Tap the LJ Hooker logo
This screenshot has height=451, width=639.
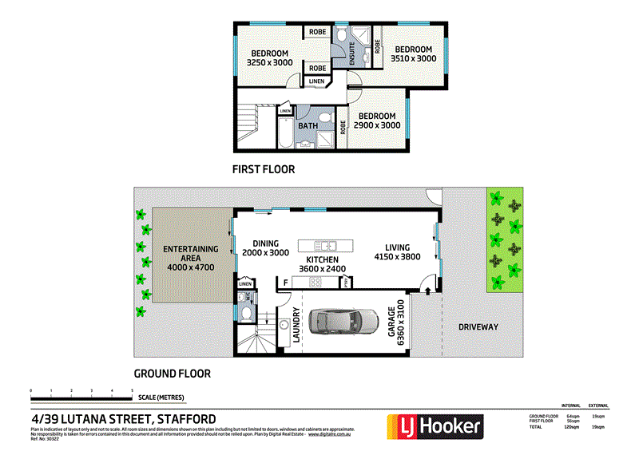click(435, 426)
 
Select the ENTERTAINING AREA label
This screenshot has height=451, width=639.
click(191, 250)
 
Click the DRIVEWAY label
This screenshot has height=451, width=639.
click(478, 326)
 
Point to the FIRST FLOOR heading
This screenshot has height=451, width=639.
click(264, 169)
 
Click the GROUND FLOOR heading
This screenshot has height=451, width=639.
click(172, 373)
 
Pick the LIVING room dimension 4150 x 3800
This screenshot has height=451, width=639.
click(398, 257)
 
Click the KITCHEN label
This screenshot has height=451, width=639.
click(321, 260)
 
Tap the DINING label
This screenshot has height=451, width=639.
click(265, 243)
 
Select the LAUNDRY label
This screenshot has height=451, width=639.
click(296, 325)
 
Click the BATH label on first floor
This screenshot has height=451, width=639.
click(308, 125)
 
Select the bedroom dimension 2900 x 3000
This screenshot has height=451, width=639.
click(377, 125)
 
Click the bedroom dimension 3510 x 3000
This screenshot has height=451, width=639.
click(414, 58)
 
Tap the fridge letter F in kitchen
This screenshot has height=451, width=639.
click(284, 282)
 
